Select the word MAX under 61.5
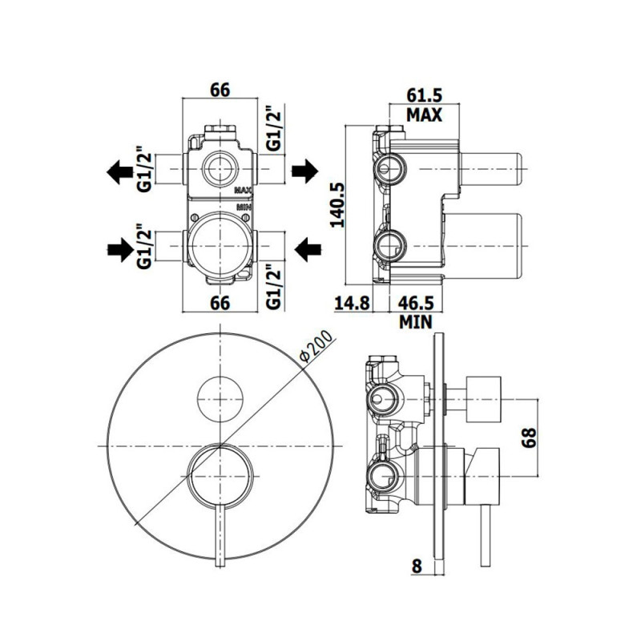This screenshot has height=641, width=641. tap(423, 115)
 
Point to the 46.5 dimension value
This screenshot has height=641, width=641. tap(417, 303)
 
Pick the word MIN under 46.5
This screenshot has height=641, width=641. tap(416, 322)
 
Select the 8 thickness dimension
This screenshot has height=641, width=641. tap(417, 566)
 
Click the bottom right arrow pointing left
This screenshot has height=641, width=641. tap(305, 250)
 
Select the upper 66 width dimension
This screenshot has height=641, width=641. tap(220, 90)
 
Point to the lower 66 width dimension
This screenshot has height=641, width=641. tap(220, 303)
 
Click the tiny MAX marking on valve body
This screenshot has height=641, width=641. tap(244, 191)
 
